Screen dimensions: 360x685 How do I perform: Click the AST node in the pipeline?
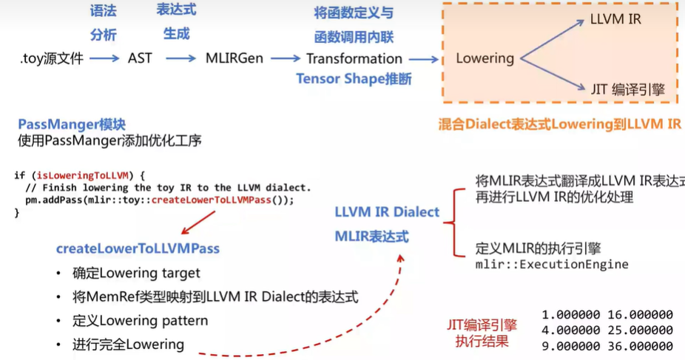coord(140,58)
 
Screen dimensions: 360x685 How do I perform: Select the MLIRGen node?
coord(234,58)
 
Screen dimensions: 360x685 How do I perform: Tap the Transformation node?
coord(354,58)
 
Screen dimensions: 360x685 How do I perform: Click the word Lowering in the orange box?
coord(485,58)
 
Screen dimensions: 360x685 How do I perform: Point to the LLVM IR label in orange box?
coord(615,20)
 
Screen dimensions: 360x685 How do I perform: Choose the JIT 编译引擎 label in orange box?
coord(628,90)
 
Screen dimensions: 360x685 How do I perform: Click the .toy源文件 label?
coord(52,58)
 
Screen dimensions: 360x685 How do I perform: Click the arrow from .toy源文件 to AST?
coord(104,58)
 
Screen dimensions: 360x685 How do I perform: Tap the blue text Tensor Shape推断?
coord(354,79)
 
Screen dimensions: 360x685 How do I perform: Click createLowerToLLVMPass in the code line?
coord(211,200)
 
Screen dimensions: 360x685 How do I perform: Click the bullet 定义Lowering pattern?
coord(140,321)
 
